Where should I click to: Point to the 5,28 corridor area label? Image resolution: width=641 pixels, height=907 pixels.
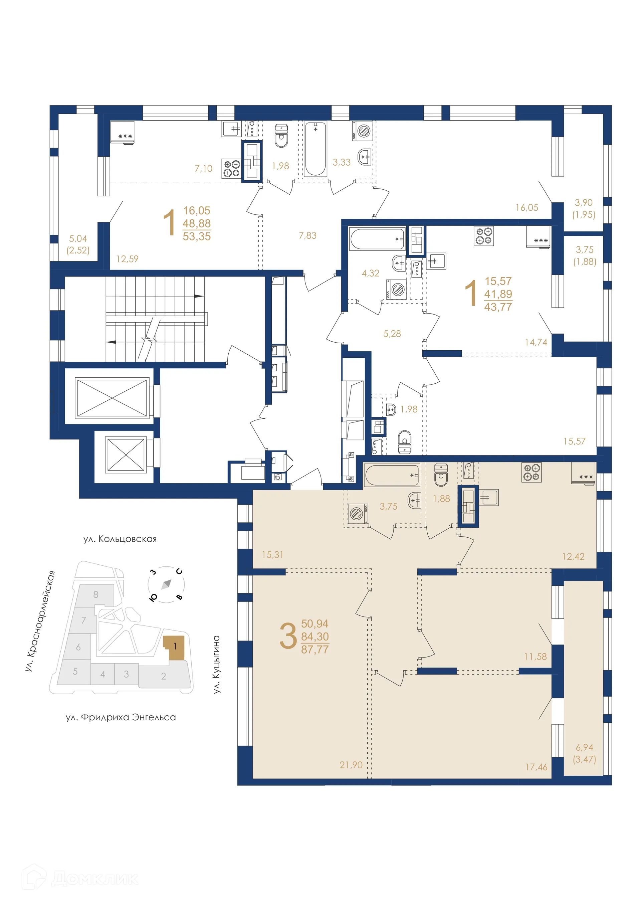coord(392,334)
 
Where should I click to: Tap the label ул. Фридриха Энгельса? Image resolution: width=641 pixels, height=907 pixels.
coord(121,717)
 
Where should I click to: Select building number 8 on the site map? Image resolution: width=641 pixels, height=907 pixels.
coord(95,594)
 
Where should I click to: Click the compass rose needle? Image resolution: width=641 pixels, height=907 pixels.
coord(166,584)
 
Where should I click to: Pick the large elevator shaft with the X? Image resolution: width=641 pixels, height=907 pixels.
coord(112,397)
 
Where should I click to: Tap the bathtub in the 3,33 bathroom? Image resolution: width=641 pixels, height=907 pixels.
coord(315,149)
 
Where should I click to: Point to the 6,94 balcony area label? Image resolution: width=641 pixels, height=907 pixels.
coord(584,747)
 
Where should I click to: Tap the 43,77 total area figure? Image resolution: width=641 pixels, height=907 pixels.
coord(498,307)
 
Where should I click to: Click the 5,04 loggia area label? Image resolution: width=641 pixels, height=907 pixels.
coord(78,238)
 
